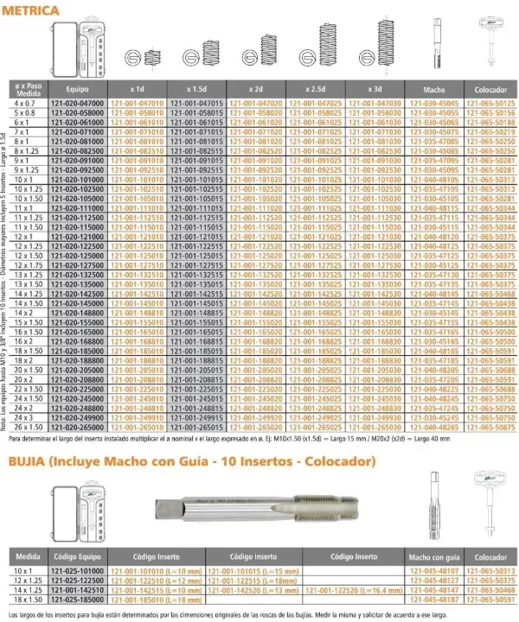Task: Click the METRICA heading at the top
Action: pyautogui.click(x=32, y=10)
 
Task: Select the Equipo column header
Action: pyautogui.click(x=77, y=88)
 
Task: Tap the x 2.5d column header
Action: pyautogui.click(x=316, y=88)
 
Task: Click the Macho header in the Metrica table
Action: pyautogui.click(x=433, y=88)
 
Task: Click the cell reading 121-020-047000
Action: pyautogui.click(x=77, y=103)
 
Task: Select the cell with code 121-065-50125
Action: pyautogui.click(x=490, y=103)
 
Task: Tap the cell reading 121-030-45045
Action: pyautogui.click(x=433, y=103)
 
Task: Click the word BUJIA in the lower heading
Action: pyautogui.click(x=29, y=461)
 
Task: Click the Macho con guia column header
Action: pyautogui.click(x=432, y=557)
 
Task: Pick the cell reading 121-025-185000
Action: pyautogui.click(x=77, y=598)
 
